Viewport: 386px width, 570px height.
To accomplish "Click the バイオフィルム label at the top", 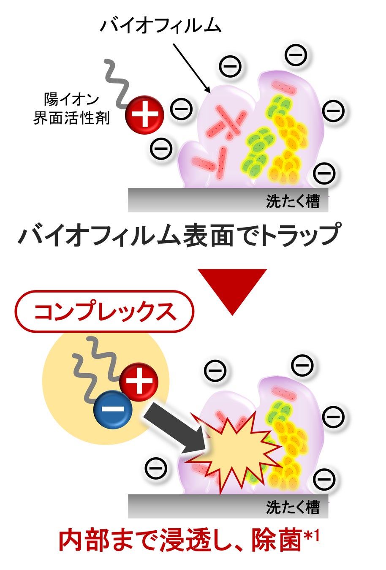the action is tap(160, 26).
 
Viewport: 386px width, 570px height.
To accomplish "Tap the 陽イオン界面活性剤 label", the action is tap(71, 109).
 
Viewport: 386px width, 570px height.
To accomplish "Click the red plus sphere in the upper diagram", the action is tap(144, 114).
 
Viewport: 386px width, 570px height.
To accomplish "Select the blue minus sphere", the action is tap(113, 409).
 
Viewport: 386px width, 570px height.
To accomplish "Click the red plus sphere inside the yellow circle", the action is tap(139, 382).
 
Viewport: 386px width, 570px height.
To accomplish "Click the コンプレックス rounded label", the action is tap(104, 312).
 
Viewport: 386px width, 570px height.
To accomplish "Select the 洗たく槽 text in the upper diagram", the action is tap(293, 201).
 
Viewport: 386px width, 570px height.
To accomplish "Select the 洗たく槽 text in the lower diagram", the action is tap(293, 507).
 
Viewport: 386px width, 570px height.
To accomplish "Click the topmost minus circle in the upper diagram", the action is tap(296, 54).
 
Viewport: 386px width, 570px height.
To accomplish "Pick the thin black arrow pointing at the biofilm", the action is tap(191, 67).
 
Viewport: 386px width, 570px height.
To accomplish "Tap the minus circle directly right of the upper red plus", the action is tap(182, 109).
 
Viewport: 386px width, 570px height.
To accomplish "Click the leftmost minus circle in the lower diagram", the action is tap(156, 467).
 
